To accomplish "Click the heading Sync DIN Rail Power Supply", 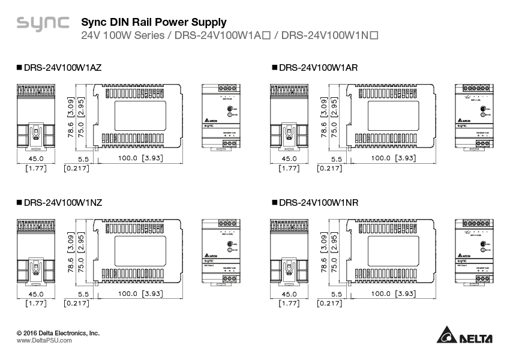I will pos(154,22).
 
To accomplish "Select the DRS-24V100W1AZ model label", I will pos(59,68).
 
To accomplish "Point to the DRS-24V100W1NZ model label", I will pos(59,203).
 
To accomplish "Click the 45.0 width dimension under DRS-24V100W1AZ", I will pos(37,158).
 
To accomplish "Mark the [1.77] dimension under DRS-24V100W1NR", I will pos(290,304).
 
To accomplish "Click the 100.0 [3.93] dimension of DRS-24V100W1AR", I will pos(393,158).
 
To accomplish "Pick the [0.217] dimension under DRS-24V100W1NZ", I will pos(76,304).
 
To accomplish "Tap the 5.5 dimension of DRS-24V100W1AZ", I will pos(83,159).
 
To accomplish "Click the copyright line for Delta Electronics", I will pos(58,332).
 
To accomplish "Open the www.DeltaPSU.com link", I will pos(44,340).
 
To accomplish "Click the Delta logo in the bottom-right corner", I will pos(464,337).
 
